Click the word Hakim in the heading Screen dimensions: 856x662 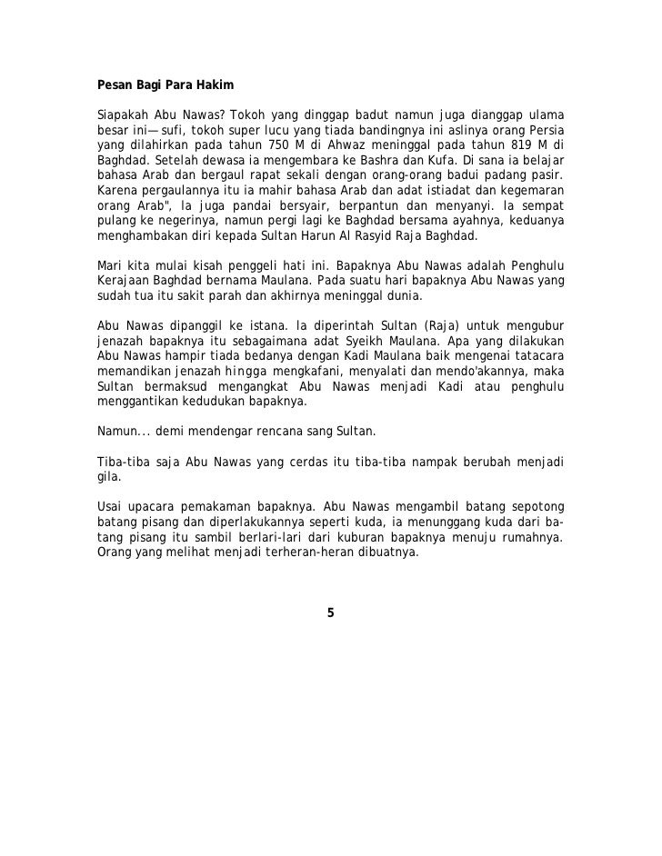coord(215,86)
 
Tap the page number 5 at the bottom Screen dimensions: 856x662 coord(330,612)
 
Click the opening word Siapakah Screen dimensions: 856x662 coord(123,114)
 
